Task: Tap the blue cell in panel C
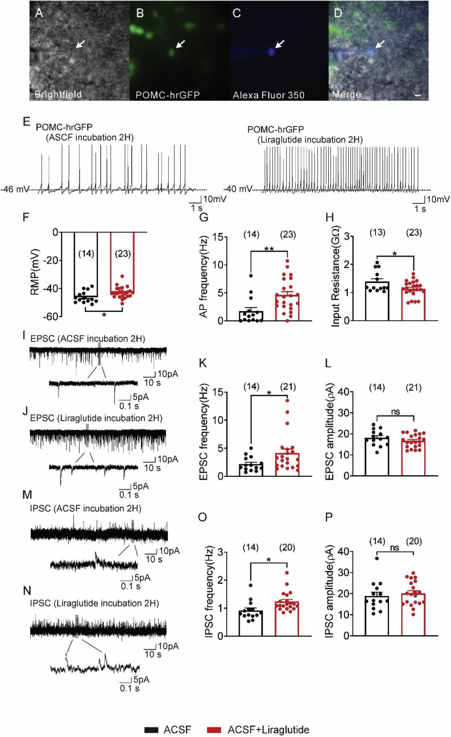click(271, 52)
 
